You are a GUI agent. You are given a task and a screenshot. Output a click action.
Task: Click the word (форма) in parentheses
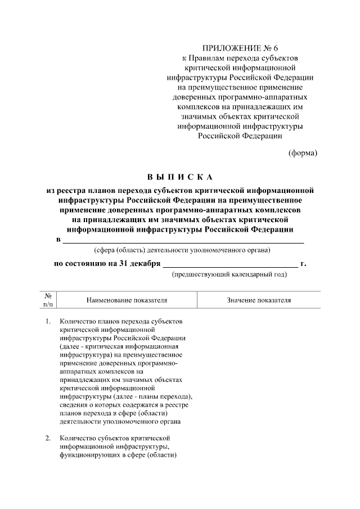pyautogui.click(x=303, y=152)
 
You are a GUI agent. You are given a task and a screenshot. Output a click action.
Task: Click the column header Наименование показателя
pyautogui.click(x=127, y=300)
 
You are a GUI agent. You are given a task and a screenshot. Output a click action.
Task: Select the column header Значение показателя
pyautogui.click(x=259, y=300)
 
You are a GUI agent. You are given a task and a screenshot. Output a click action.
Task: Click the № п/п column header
pyautogui.click(x=48, y=300)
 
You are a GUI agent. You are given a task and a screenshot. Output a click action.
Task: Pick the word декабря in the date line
pyautogui.click(x=146, y=263)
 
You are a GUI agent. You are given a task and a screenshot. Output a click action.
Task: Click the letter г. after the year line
pyautogui.click(x=304, y=263)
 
